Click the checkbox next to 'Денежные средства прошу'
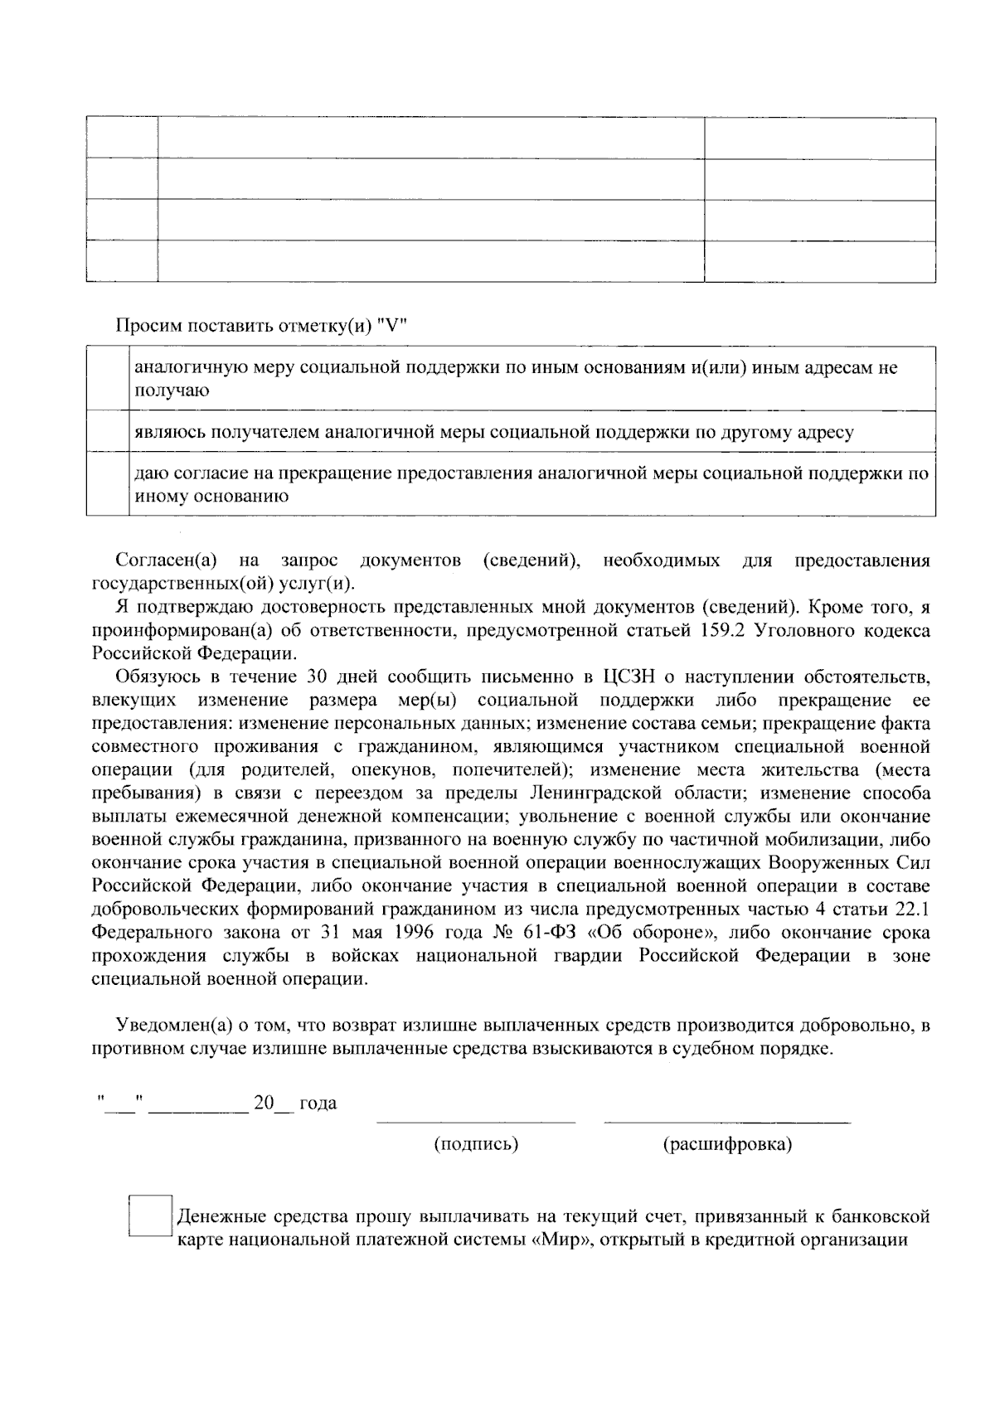click(150, 1215)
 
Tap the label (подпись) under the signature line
click(476, 1144)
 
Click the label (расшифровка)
click(727, 1144)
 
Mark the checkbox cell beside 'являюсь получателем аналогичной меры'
click(108, 431)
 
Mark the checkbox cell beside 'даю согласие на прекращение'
click(108, 483)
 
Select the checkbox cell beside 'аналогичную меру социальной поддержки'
click(108, 378)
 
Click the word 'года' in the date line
click(318, 1104)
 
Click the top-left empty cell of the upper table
click(121, 138)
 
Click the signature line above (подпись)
click(476, 1122)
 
